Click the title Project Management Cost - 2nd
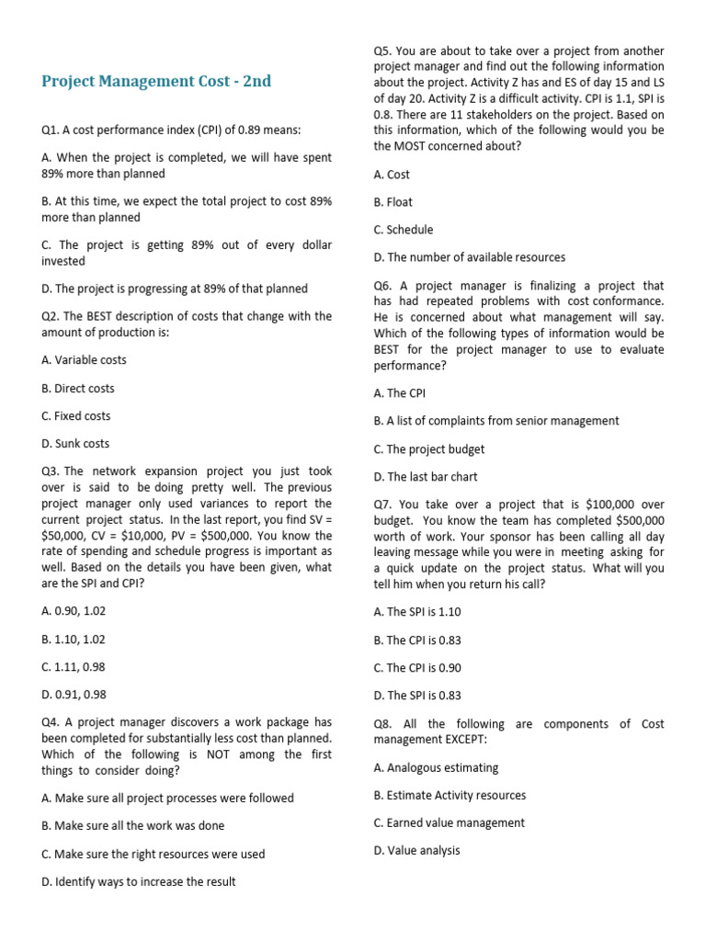(156, 81)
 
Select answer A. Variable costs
(85, 360)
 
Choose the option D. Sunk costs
(75, 444)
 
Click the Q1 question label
(50, 130)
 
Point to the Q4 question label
(50, 722)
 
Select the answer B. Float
(393, 202)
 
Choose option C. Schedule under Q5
(404, 230)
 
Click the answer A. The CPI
(400, 393)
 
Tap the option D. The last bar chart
(426, 477)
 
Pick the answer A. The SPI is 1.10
(417, 612)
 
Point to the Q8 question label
(382, 724)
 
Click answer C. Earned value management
(450, 823)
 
